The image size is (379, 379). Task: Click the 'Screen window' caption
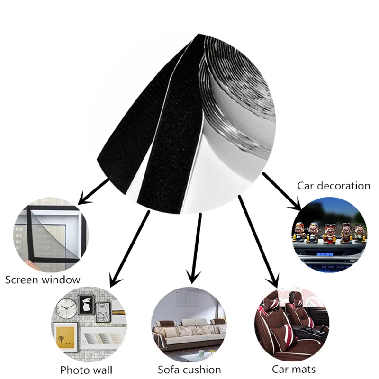[43, 279]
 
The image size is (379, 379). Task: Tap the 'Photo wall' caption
[86, 369]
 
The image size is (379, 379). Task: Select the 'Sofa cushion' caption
[189, 369]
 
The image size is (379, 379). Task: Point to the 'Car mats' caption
[294, 369]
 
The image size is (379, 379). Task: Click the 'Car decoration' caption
[334, 185]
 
